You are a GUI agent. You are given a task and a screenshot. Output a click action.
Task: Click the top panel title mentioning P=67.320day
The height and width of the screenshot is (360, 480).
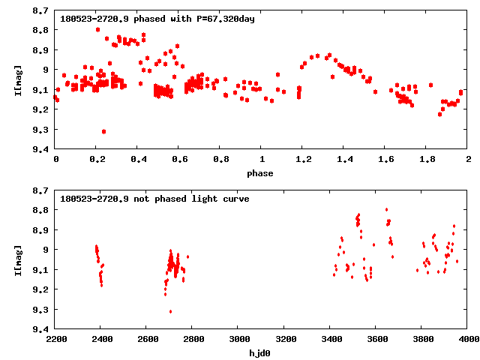click(157, 18)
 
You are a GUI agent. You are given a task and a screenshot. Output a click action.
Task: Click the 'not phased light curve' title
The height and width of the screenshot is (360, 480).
click(154, 199)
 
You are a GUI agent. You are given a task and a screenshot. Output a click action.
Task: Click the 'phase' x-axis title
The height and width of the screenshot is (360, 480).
click(262, 173)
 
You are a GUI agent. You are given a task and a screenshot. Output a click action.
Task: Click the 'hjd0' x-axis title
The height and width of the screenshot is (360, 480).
click(262, 352)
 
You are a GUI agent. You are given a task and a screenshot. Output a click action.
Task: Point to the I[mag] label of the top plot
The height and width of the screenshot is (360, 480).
click(19, 79)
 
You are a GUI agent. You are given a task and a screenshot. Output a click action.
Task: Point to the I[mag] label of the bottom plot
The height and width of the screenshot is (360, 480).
click(19, 259)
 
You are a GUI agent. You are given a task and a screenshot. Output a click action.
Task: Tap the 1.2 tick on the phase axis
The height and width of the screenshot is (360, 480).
click(303, 160)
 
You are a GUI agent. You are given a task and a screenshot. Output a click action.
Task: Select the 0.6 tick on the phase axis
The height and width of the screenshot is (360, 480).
click(179, 160)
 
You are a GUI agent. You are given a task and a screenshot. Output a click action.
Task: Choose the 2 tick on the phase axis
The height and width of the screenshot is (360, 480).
click(468, 160)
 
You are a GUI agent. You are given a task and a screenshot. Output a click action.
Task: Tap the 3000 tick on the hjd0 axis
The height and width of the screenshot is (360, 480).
click(238, 339)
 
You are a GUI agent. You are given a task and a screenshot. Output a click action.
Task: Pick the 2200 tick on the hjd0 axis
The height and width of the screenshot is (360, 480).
click(56, 339)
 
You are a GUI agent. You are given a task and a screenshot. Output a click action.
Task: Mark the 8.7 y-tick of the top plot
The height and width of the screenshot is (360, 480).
click(41, 10)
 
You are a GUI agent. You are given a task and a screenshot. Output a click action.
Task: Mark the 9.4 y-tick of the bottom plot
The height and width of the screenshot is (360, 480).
click(41, 329)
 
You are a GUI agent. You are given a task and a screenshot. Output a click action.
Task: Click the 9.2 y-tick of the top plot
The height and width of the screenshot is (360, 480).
click(41, 109)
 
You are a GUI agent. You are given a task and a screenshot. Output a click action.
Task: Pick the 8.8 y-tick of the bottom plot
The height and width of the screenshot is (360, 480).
click(41, 210)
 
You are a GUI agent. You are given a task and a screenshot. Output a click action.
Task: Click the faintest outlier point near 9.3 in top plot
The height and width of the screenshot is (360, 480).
click(103, 131)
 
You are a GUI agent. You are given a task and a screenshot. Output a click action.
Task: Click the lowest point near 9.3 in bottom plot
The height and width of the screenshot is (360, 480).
click(170, 311)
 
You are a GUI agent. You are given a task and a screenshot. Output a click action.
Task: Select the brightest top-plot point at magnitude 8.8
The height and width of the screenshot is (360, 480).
click(98, 29)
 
